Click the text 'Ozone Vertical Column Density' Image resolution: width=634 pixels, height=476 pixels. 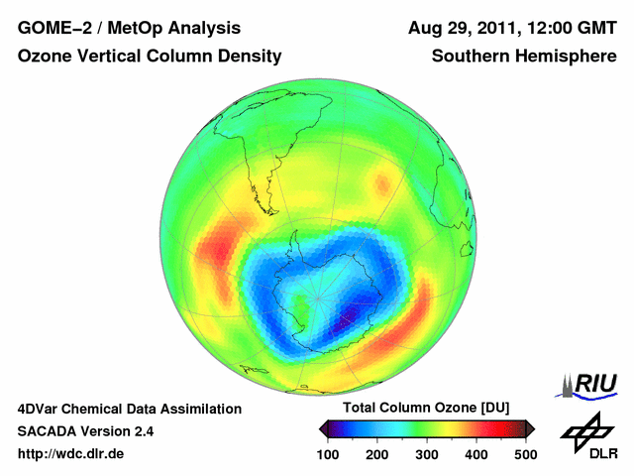point(150,58)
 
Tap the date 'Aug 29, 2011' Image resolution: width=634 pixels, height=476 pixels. point(463,28)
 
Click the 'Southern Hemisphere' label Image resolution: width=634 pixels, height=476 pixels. point(524,58)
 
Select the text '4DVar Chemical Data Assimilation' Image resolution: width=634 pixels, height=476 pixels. point(129,409)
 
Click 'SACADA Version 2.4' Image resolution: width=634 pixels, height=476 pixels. point(85,431)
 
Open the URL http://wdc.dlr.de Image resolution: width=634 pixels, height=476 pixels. point(71,454)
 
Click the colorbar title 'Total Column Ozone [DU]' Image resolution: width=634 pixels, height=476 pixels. point(426,409)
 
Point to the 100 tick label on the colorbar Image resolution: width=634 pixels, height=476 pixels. point(328,454)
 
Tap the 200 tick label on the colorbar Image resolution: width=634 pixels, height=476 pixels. point(376,454)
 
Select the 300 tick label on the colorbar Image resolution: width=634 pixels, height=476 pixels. point(426,454)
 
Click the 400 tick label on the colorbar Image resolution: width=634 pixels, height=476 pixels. point(475,454)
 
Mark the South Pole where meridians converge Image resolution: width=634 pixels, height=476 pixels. point(317,297)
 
